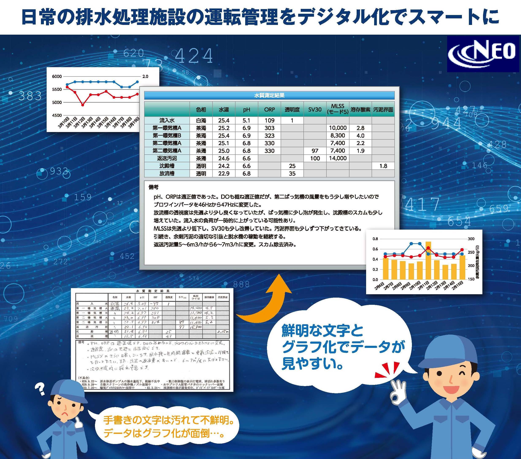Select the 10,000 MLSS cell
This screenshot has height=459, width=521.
pos(338,128)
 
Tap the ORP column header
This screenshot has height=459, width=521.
pos(269,109)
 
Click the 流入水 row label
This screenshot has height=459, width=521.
pos(167,120)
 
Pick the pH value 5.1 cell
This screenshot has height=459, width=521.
pos(246,120)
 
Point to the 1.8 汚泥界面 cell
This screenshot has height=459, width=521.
pos(383,166)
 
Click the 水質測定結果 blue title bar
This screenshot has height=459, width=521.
pos(269,95)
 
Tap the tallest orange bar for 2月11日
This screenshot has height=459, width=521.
pos(429,260)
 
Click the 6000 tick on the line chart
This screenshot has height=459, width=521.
pos(57,76)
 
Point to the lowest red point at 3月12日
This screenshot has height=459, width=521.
pos(83,105)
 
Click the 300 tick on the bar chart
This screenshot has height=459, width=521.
pos(471,239)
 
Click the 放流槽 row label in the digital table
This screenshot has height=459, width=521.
pos(167,173)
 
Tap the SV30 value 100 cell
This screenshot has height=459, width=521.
pos(315,158)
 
